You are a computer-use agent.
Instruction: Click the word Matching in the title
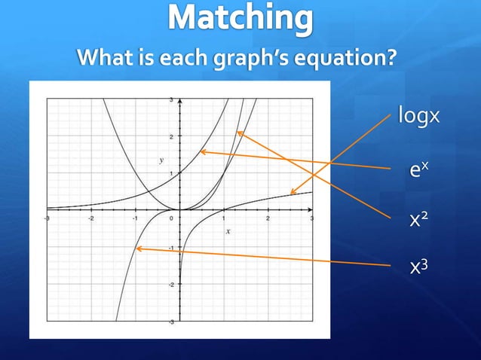point(240,19)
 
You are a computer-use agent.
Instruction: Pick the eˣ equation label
point(418,170)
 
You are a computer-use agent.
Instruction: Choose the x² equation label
point(418,220)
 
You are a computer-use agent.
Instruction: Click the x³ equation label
point(418,266)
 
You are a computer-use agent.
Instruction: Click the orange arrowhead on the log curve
point(293,193)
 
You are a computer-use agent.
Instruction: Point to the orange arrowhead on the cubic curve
point(136,248)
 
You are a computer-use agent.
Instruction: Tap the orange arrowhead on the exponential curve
point(201,152)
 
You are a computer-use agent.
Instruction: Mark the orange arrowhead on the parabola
point(238,133)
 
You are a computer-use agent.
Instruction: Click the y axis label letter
point(161,160)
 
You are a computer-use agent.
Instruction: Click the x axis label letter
point(228,231)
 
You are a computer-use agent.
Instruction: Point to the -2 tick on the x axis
point(91,218)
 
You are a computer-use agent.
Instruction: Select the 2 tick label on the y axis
point(172,136)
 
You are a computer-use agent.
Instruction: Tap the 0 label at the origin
point(173,218)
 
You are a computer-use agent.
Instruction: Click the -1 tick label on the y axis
point(171,248)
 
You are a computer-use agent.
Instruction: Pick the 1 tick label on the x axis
point(224,218)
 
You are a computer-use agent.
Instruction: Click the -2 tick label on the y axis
point(171,285)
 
